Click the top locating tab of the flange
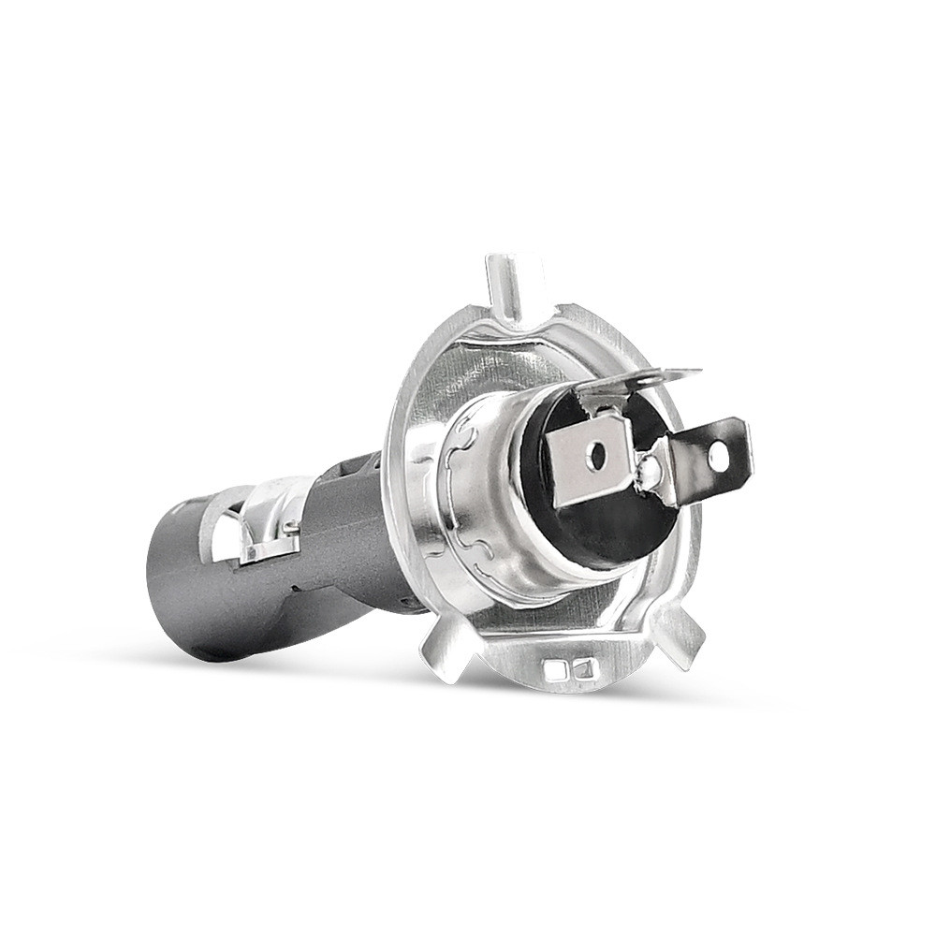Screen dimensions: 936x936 pyautogui.click(x=504, y=285)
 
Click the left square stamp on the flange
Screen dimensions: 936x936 pyautogui.click(x=557, y=669)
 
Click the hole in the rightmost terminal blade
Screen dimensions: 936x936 pyautogui.click(x=717, y=456)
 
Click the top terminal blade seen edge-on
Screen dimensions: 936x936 pyautogui.click(x=636, y=379)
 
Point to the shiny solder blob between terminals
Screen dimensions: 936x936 pyautogui.click(x=649, y=477)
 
